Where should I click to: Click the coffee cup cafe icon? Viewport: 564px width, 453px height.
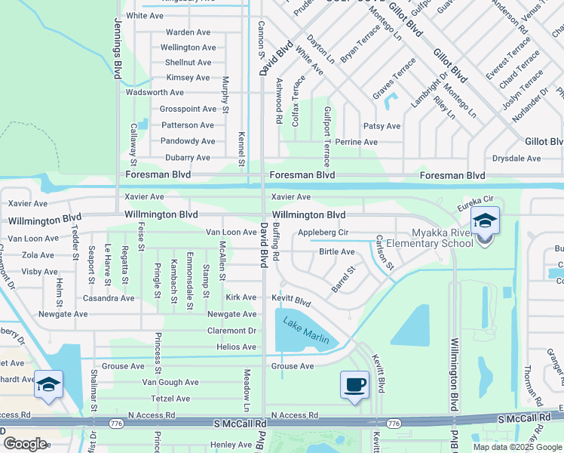[354, 384]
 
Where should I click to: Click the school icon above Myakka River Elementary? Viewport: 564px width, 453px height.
[484, 220]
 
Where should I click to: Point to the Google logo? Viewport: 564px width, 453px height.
[25, 444]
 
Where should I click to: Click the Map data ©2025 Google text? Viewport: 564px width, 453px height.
[517, 446]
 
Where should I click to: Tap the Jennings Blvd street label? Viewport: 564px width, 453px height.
[119, 60]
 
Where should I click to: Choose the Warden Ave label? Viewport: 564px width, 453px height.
[188, 32]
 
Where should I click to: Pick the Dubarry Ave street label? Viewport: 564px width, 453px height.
[187, 158]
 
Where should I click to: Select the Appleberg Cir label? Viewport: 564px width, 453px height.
[323, 233]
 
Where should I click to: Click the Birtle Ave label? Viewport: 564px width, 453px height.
[336, 251]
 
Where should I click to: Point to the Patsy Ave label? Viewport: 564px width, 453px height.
[382, 126]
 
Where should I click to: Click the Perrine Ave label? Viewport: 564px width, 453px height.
[357, 142]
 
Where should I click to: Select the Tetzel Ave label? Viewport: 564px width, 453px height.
[170, 398]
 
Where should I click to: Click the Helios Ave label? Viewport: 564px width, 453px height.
[236, 347]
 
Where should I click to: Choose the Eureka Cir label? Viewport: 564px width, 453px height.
[478, 199]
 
